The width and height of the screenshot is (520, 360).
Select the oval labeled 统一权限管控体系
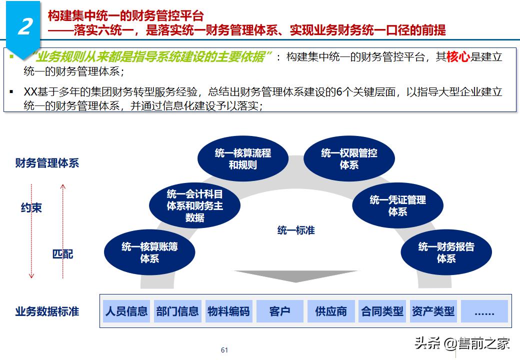pyautogui.click(x=349, y=158)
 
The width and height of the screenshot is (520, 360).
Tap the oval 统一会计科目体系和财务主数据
pyautogui.click(x=194, y=205)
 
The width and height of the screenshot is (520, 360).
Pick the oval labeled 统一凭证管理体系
pyautogui.click(x=397, y=205)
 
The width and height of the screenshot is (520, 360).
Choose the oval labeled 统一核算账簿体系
pyautogui.click(x=149, y=252)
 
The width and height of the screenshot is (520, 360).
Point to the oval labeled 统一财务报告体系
pyautogui.click(x=446, y=252)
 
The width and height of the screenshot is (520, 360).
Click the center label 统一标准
pyautogui.click(x=296, y=230)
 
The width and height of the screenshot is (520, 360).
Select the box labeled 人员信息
pyautogui.click(x=126, y=311)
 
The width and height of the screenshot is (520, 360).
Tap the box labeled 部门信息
pyautogui.click(x=177, y=311)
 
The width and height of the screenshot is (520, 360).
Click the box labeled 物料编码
pyautogui.click(x=228, y=311)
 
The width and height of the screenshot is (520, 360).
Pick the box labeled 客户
pyautogui.click(x=279, y=311)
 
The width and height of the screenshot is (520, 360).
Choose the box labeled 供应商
pyautogui.click(x=331, y=311)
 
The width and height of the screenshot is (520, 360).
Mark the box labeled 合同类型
pyautogui.click(x=382, y=311)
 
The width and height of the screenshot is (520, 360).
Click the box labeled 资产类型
pyautogui.click(x=433, y=311)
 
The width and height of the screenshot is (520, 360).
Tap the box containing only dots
pyautogui.click(x=484, y=311)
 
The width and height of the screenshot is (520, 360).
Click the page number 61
pyautogui.click(x=224, y=350)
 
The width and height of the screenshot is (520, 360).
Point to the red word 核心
pyautogui.click(x=458, y=57)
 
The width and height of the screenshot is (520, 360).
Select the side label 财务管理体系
pyautogui.click(x=47, y=163)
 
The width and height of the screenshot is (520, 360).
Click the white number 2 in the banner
pyautogui.click(x=24, y=27)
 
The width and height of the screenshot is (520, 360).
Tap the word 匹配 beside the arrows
pyautogui.click(x=63, y=254)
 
